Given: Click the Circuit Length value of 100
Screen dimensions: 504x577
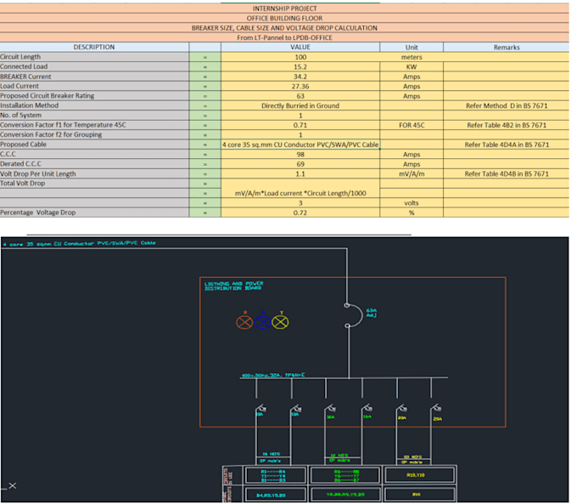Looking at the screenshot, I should (x=300, y=57).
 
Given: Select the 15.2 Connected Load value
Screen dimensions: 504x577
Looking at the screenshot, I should (x=300, y=66).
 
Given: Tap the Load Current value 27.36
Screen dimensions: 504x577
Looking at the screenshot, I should (x=300, y=86).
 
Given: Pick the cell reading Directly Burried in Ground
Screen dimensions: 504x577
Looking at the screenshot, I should (x=300, y=105).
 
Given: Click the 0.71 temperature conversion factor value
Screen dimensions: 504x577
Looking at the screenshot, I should (x=300, y=125).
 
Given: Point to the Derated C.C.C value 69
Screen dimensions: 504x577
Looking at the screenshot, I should (x=300, y=164).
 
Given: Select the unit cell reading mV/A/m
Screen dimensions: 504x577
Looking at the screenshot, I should (x=411, y=173).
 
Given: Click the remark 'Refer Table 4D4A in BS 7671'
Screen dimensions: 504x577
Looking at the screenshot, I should (x=507, y=144).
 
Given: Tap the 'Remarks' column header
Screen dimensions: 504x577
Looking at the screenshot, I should (x=507, y=48).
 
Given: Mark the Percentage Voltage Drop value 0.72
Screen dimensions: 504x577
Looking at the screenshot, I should (x=300, y=212).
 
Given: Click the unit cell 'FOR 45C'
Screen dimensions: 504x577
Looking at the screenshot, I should (x=411, y=125).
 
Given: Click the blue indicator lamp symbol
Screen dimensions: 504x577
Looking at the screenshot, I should (x=263, y=322).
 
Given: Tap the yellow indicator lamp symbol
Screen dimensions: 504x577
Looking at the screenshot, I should (x=280, y=322).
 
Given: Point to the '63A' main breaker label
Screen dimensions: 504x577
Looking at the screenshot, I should (x=371, y=311).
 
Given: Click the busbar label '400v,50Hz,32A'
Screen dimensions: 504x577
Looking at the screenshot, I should (x=272, y=375).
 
